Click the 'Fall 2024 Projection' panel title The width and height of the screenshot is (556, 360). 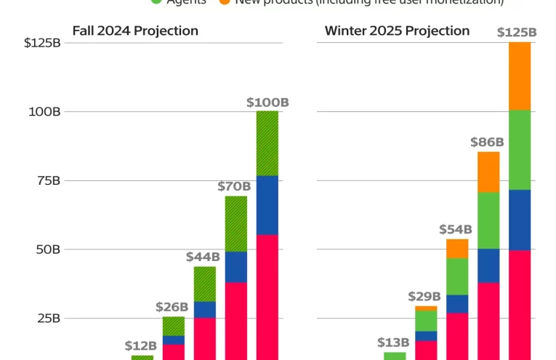tap(135, 31)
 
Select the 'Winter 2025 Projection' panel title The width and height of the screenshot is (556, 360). tap(397, 31)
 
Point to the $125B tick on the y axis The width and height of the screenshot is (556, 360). tap(42, 43)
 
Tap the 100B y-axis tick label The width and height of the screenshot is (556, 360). tap(45, 111)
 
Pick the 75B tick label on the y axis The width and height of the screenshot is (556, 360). tap(47, 180)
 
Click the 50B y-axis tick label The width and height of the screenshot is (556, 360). tap(47, 249)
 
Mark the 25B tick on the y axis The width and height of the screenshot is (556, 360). tap(47, 319)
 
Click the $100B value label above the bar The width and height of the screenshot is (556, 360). tap(268, 103)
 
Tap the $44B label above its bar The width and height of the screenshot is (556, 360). tap(204, 257)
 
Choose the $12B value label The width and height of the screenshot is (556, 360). tap(141, 345)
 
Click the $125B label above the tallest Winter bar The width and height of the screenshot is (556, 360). tap(517, 33)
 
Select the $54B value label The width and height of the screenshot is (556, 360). tap(456, 229)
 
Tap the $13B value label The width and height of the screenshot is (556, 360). tap(394, 343)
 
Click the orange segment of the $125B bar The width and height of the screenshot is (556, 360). tap(520, 76)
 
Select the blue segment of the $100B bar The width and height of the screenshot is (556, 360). tap(267, 205)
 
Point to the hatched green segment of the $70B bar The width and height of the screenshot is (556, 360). tap(236, 224)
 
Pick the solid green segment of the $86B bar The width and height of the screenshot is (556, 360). tap(488, 220)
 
